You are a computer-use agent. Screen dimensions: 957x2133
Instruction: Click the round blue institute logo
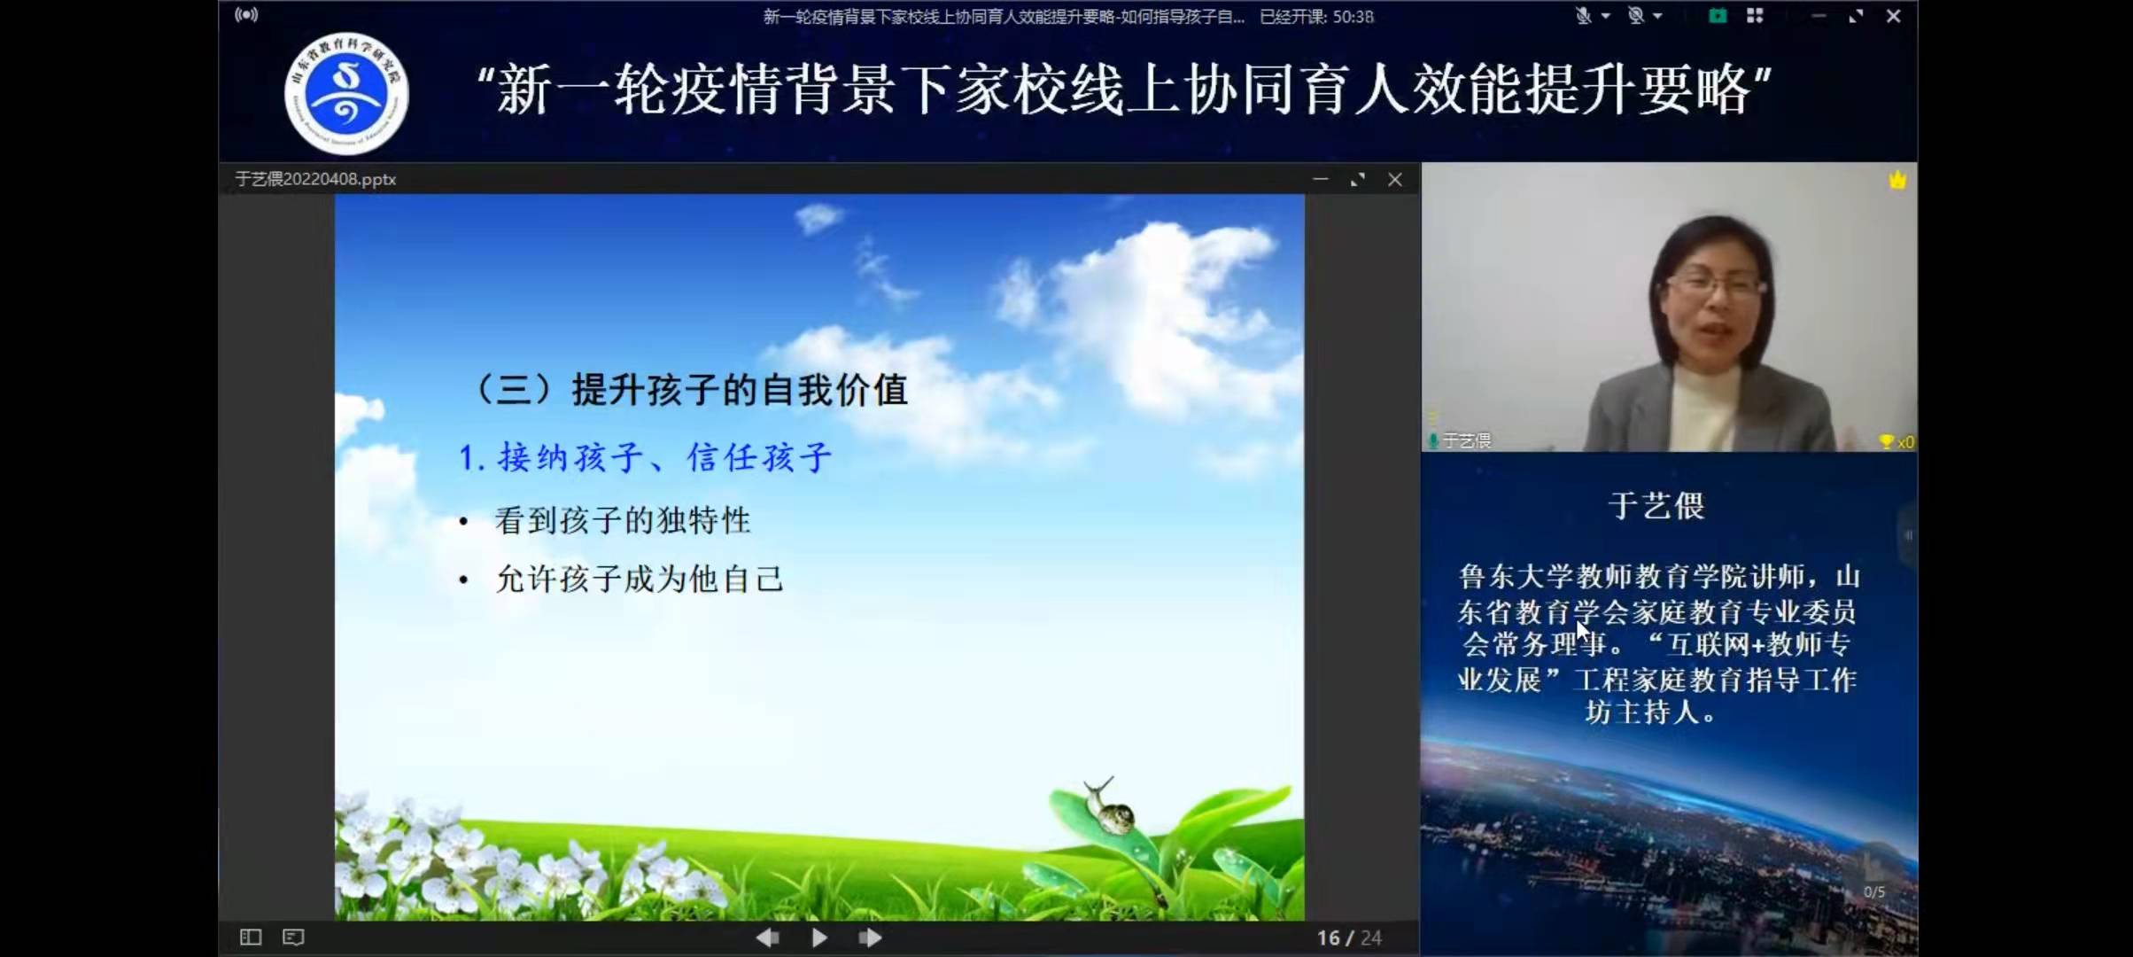coord(346,93)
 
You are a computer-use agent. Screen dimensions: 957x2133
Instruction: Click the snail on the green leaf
coord(1108,807)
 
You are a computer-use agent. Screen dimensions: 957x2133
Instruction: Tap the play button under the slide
coord(819,938)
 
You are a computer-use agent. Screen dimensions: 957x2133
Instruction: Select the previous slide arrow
coord(767,938)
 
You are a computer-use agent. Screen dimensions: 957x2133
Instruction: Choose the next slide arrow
coord(870,938)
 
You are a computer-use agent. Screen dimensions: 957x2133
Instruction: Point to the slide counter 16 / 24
coord(1348,938)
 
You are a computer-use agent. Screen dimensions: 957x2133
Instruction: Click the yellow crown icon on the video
coord(1896,181)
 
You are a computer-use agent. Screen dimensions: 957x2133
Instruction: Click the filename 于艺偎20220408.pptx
coord(315,179)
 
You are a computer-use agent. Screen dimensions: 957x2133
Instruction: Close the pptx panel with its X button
coord(1395,180)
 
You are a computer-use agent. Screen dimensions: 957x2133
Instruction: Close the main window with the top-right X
coord(1893,16)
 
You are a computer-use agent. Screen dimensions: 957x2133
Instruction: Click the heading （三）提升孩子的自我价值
coord(691,390)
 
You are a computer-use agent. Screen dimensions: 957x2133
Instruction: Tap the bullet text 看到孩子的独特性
coord(622,520)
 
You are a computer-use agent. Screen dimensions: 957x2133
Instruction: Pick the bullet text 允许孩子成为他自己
coord(639,580)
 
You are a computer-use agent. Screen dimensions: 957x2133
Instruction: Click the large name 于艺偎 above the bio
coord(1656,506)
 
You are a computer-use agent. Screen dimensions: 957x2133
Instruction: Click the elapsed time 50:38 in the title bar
coord(1353,17)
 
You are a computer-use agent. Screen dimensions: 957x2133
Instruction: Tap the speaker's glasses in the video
coord(1715,286)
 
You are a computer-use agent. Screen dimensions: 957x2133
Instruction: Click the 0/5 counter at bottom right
coord(1874,892)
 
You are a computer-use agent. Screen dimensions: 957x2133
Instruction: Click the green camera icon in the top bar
coord(1718,16)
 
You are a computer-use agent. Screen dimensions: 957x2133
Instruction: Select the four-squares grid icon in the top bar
coord(1755,16)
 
